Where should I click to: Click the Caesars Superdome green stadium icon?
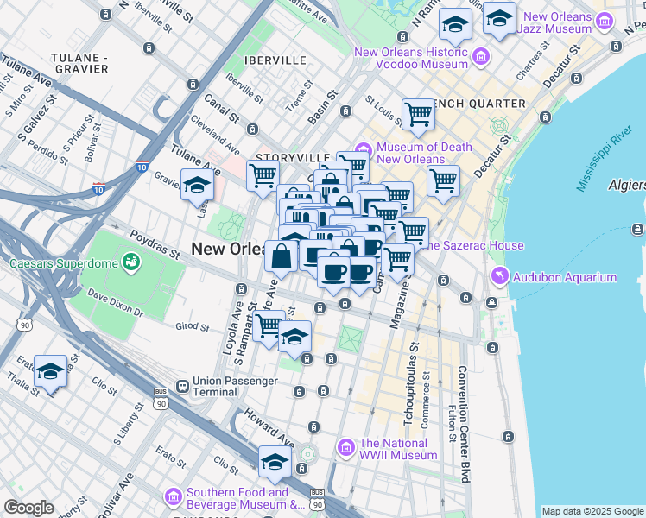point(131,261)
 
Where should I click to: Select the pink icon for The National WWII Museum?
point(346,447)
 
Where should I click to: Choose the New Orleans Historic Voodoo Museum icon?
point(481,57)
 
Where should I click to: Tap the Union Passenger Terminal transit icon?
point(182,386)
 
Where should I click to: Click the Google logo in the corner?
point(28,508)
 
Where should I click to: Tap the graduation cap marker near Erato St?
point(51,370)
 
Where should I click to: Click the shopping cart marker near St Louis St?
point(418,113)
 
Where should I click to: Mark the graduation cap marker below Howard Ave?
point(275,461)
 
